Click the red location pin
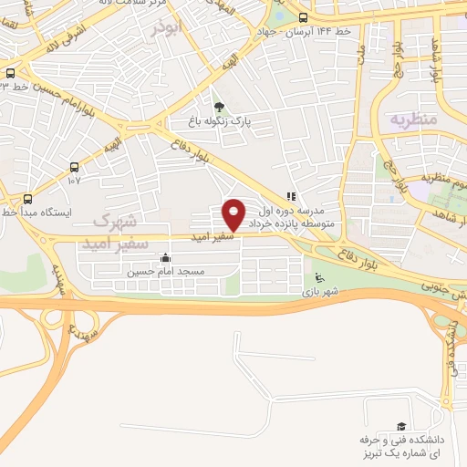234,213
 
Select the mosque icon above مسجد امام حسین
164,258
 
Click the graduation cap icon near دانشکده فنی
400,426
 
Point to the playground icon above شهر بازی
318,277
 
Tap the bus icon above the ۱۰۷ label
74,167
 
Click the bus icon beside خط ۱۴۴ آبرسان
303,17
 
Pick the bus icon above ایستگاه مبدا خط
27,198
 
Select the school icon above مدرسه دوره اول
290,196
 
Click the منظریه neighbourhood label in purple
414,119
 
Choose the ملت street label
362,54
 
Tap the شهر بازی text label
322,292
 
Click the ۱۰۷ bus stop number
74,181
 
